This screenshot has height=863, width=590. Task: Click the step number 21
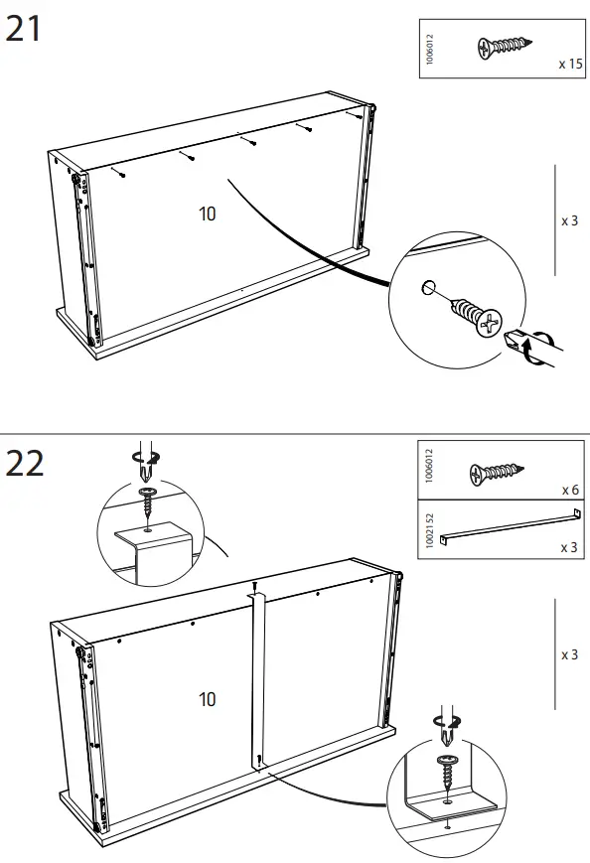24,29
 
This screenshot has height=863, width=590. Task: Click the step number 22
25,463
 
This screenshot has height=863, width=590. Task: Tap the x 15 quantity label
569,64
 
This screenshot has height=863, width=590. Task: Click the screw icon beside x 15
505,46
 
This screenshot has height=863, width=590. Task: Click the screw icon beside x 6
497,473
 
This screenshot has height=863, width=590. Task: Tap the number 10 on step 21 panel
207,214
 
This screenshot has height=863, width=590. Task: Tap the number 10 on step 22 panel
207,699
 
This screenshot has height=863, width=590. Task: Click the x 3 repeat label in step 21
569,219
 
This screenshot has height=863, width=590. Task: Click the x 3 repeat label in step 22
569,654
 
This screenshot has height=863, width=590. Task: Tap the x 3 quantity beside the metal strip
569,548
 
